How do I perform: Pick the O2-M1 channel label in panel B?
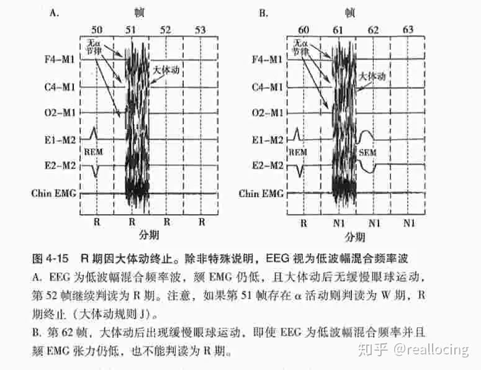[x=267, y=113]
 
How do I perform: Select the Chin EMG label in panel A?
[x=54, y=193]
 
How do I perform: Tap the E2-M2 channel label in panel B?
[x=267, y=166]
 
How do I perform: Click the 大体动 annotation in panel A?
[x=166, y=71]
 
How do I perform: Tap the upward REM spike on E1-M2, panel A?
[x=94, y=132]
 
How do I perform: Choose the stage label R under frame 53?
[x=201, y=222]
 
